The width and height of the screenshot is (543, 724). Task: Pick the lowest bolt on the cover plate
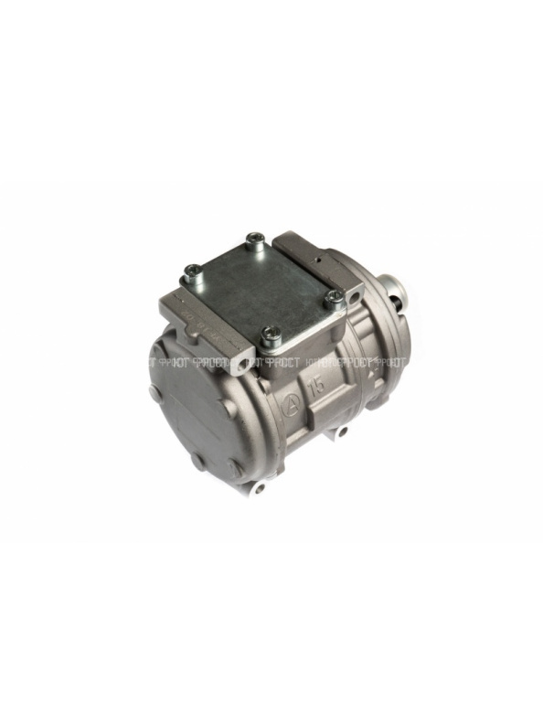tap(270, 338)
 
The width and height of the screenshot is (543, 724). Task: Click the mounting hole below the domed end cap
tap(261, 490)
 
